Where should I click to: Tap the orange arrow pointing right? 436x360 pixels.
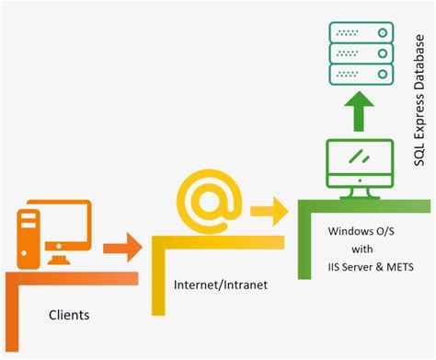[122, 246]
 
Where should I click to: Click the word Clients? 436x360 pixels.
[69, 315]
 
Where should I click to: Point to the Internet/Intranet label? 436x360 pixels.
[221, 285]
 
